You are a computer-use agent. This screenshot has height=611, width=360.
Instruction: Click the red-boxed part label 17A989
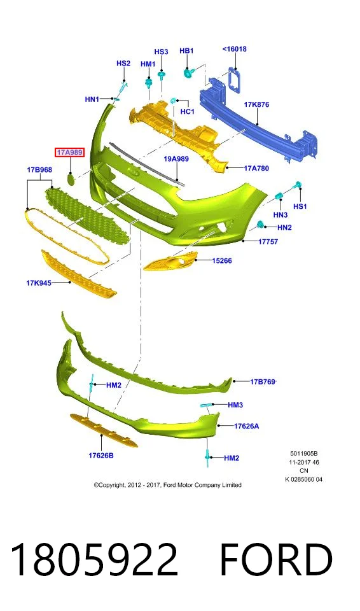69,152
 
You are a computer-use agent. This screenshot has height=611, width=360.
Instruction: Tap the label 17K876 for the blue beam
256,104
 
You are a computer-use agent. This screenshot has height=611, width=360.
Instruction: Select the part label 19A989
176,158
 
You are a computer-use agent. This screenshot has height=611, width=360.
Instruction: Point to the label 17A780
256,168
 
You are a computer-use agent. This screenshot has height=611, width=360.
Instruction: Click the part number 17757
268,242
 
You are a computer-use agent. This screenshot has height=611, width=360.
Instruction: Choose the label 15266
222,261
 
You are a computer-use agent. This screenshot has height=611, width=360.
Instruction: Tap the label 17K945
39,283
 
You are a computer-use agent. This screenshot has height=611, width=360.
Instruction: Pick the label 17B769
263,381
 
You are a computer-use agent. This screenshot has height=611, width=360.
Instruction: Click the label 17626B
101,455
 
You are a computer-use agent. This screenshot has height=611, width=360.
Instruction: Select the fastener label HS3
162,52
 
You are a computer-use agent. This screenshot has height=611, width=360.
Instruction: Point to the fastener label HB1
186,51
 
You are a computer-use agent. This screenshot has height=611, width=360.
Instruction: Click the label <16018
235,49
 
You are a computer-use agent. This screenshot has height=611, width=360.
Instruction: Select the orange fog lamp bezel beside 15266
170,262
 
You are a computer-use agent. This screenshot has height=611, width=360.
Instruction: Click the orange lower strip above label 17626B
104,431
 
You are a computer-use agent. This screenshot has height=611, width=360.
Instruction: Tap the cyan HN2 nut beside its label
260,224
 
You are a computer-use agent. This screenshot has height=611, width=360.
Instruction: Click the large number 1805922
95,560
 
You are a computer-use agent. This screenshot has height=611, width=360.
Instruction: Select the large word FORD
277,560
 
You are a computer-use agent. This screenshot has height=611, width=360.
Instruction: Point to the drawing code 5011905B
304,454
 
